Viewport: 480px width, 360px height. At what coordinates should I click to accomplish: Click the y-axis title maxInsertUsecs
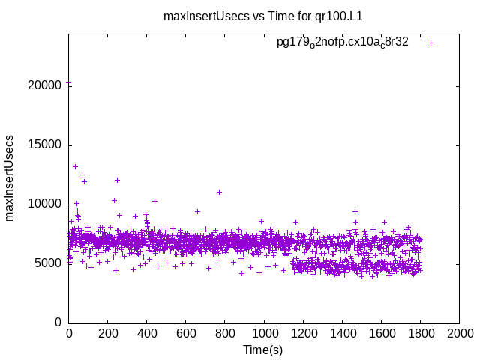[10, 178]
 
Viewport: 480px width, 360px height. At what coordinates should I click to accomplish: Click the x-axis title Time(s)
[263, 350]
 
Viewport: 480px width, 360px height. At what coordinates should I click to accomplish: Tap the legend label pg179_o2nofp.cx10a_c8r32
[343, 43]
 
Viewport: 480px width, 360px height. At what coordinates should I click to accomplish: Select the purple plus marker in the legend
[430, 43]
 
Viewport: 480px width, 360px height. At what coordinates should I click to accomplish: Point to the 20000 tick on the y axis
[45, 86]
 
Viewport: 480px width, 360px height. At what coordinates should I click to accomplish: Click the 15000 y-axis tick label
[45, 145]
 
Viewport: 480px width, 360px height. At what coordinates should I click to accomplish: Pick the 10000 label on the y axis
[45, 204]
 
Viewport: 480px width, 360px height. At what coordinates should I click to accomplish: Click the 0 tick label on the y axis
[57, 322]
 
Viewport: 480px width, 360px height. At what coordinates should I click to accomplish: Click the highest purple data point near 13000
[75, 166]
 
